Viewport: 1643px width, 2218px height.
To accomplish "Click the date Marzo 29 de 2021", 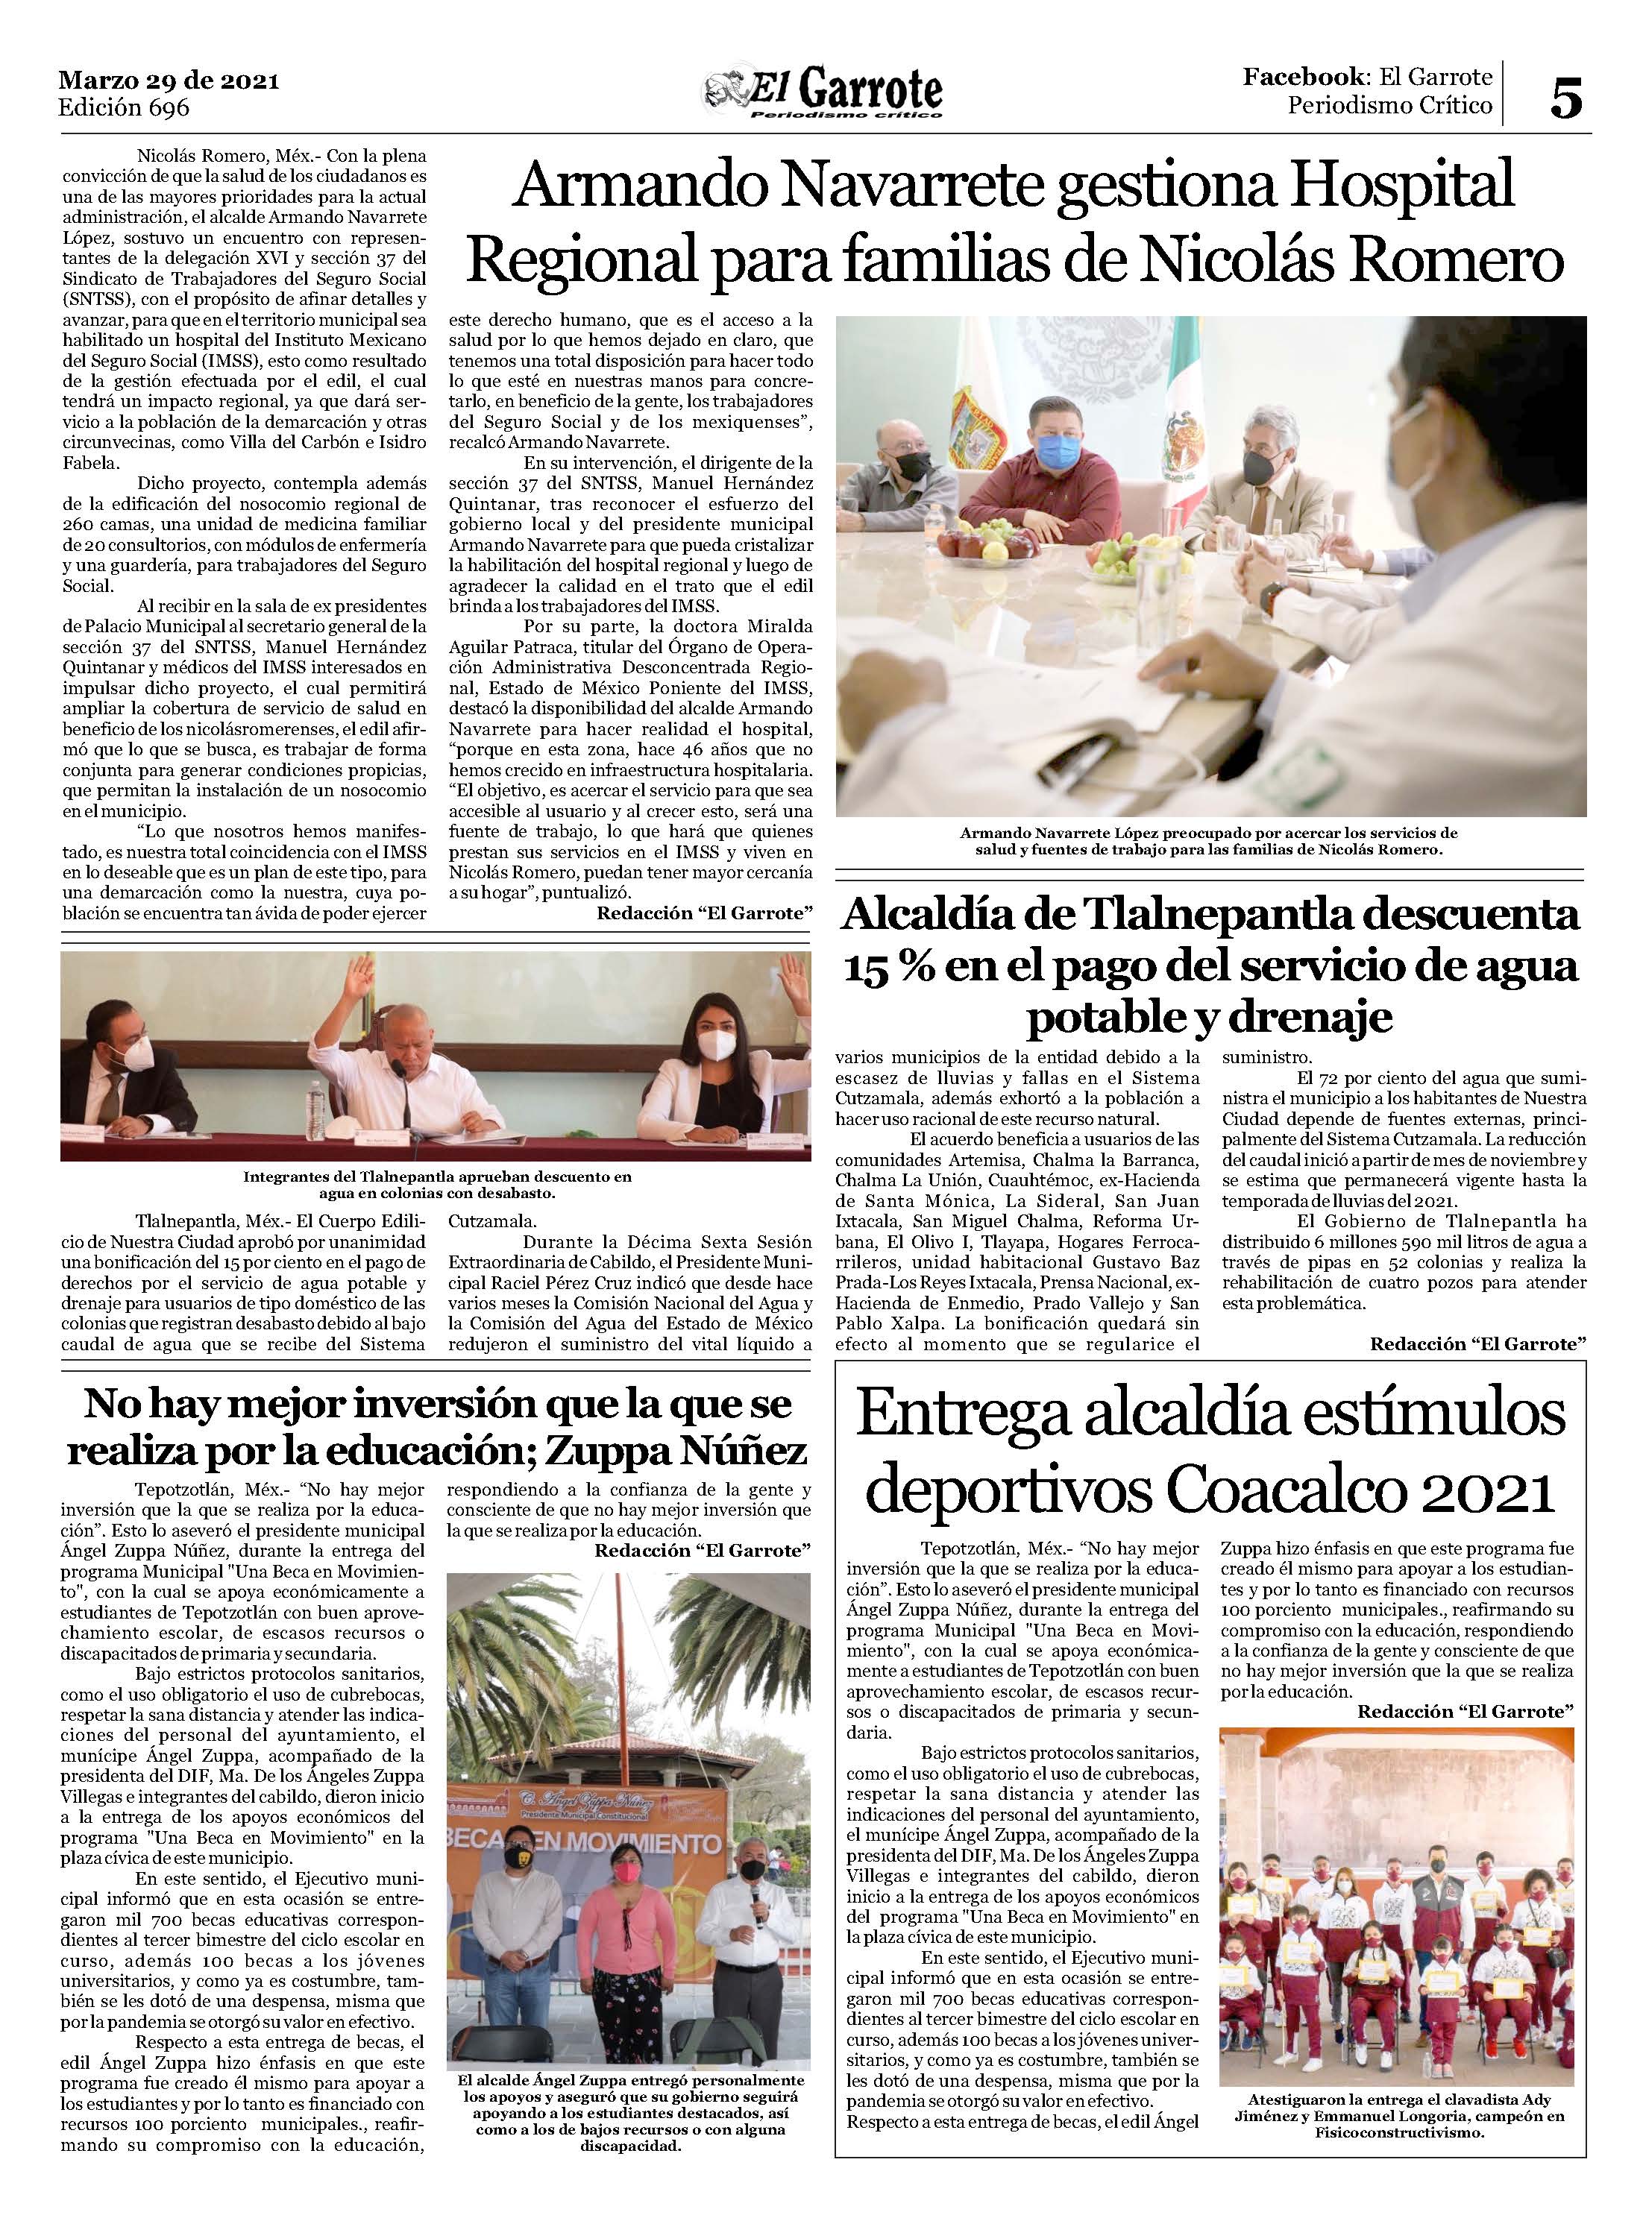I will pyautogui.click(x=169, y=81).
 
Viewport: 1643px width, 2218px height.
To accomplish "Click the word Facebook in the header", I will pyautogui.click(x=1303, y=78).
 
